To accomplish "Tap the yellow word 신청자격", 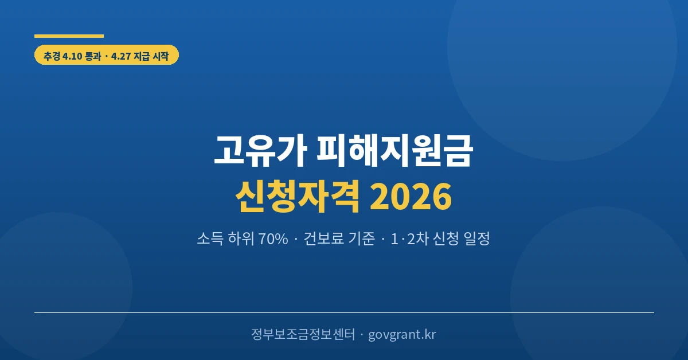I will (x=298, y=197).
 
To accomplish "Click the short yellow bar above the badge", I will (x=69, y=36).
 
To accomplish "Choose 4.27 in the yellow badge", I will (x=122, y=56).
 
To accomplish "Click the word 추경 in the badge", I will (x=52, y=56).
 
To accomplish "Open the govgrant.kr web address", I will (x=402, y=335).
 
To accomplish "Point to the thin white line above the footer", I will (x=344, y=312).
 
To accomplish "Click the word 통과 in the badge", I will (x=94, y=56).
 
